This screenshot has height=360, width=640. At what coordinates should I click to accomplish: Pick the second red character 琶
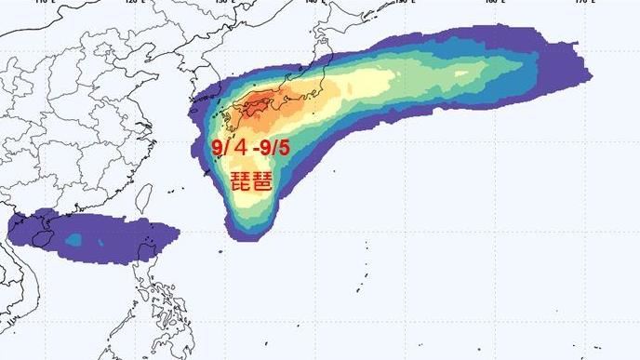point(262,181)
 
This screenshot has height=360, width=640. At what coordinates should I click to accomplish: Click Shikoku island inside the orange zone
point(254,111)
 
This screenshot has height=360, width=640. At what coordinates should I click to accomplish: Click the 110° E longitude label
point(38,3)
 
